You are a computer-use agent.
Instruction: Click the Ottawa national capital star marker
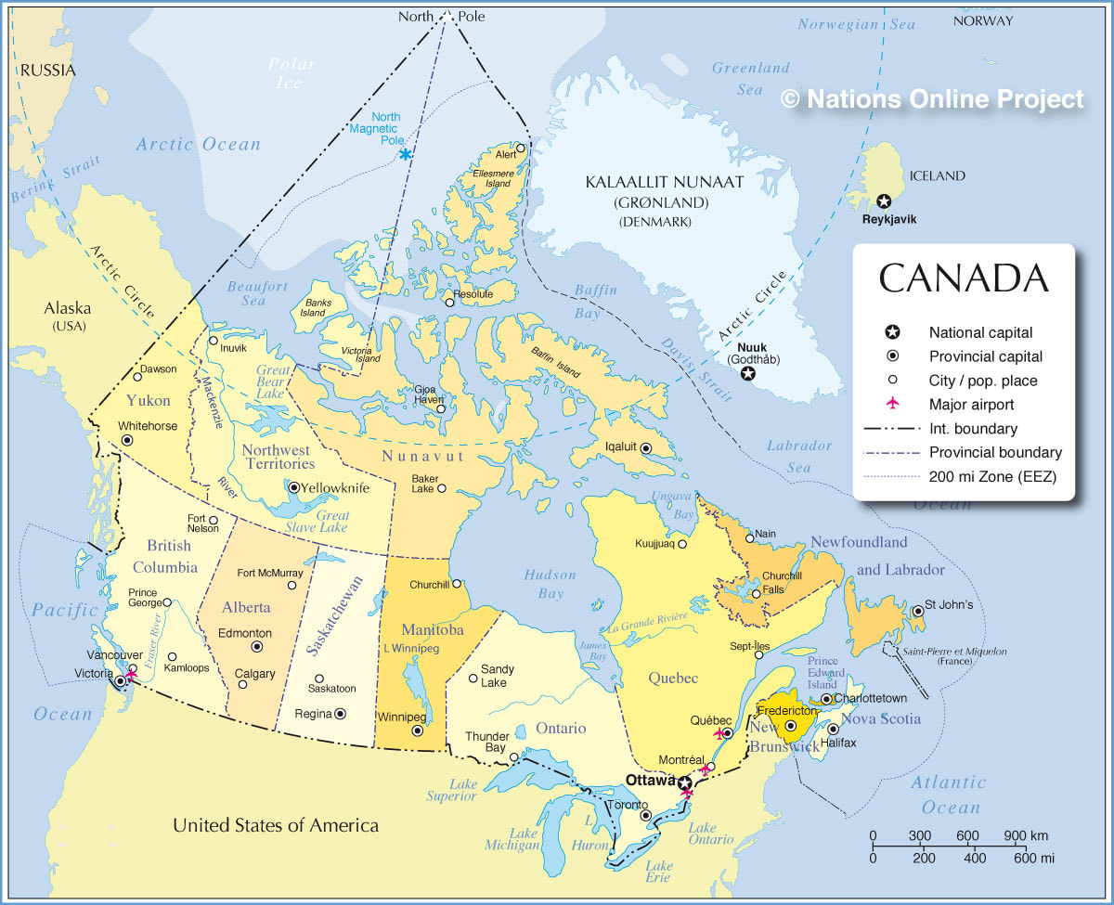click(684, 782)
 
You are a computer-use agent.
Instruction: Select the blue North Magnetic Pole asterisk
click(406, 154)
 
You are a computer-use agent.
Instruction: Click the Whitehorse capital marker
click(126, 440)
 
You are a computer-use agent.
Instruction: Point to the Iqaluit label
click(621, 446)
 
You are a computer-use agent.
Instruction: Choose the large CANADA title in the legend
click(964, 278)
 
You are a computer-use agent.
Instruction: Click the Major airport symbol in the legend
click(892, 405)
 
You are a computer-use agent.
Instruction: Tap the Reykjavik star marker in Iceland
click(883, 201)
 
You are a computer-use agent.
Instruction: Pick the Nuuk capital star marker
click(747, 373)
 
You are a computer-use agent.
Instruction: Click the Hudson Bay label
click(550, 584)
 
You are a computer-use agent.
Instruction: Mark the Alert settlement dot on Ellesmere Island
click(521, 148)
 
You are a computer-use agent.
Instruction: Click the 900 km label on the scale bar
click(1026, 835)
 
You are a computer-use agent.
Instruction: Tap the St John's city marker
click(918, 611)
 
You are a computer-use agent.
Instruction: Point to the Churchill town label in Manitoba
click(429, 585)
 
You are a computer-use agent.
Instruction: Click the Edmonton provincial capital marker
click(257, 647)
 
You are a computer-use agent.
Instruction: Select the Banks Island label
click(313, 306)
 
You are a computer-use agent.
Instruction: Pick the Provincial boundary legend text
click(995, 453)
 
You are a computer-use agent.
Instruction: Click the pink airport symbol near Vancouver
click(131, 676)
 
